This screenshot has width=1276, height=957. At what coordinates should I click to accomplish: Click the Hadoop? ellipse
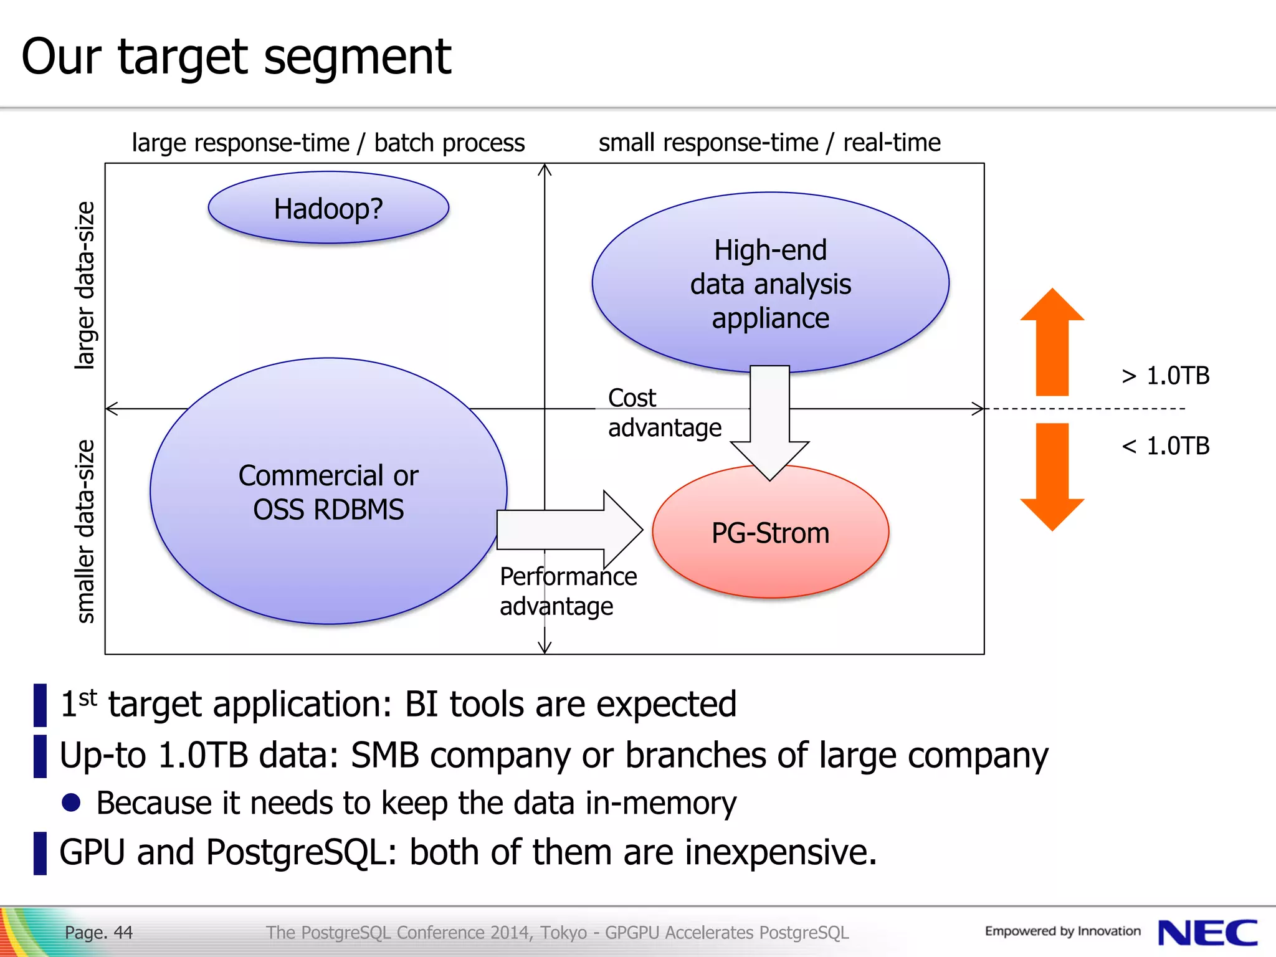[328, 208]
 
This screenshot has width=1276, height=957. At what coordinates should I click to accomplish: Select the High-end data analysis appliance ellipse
[770, 283]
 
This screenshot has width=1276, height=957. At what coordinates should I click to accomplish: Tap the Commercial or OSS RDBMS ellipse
[328, 492]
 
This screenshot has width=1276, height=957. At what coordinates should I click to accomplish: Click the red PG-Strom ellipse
[771, 533]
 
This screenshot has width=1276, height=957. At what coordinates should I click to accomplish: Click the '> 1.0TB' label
[1165, 376]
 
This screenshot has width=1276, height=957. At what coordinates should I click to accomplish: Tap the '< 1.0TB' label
[1165, 446]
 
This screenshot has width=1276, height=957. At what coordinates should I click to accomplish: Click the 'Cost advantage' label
[664, 413]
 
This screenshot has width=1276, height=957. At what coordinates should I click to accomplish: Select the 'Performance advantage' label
[568, 591]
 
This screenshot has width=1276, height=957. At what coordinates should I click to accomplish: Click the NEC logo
[1207, 933]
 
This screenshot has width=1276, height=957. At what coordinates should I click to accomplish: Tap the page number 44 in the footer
[123, 933]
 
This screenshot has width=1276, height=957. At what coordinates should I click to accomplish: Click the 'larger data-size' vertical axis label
[85, 285]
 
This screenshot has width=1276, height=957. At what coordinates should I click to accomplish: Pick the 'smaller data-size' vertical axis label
[85, 531]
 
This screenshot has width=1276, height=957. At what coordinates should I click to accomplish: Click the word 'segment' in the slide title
[358, 57]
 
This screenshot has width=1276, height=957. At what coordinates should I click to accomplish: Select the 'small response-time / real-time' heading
[769, 143]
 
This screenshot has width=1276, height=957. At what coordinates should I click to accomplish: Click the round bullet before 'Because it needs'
[72, 802]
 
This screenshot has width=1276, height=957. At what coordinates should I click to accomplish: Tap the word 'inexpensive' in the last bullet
[775, 852]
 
